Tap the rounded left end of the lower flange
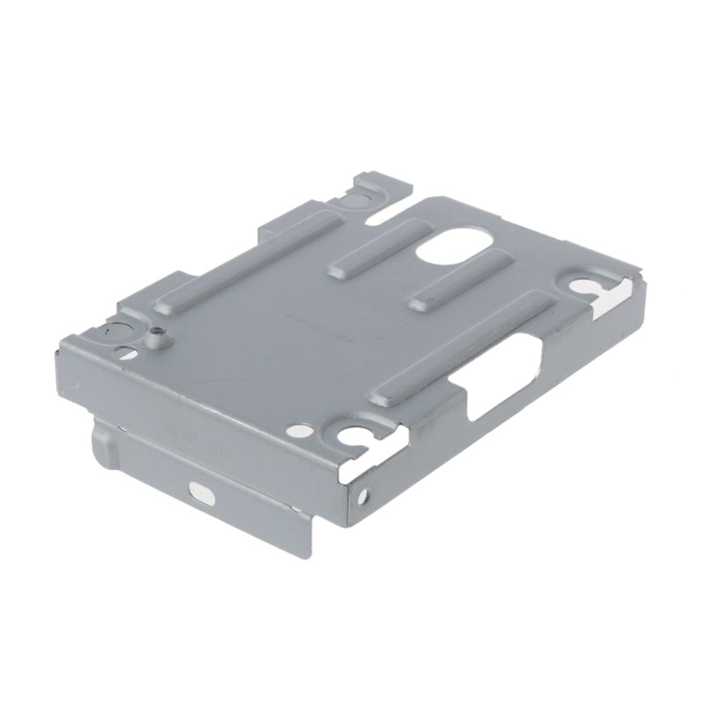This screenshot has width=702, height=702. click(99, 438)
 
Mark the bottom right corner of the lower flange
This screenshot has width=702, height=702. click(309, 552)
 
